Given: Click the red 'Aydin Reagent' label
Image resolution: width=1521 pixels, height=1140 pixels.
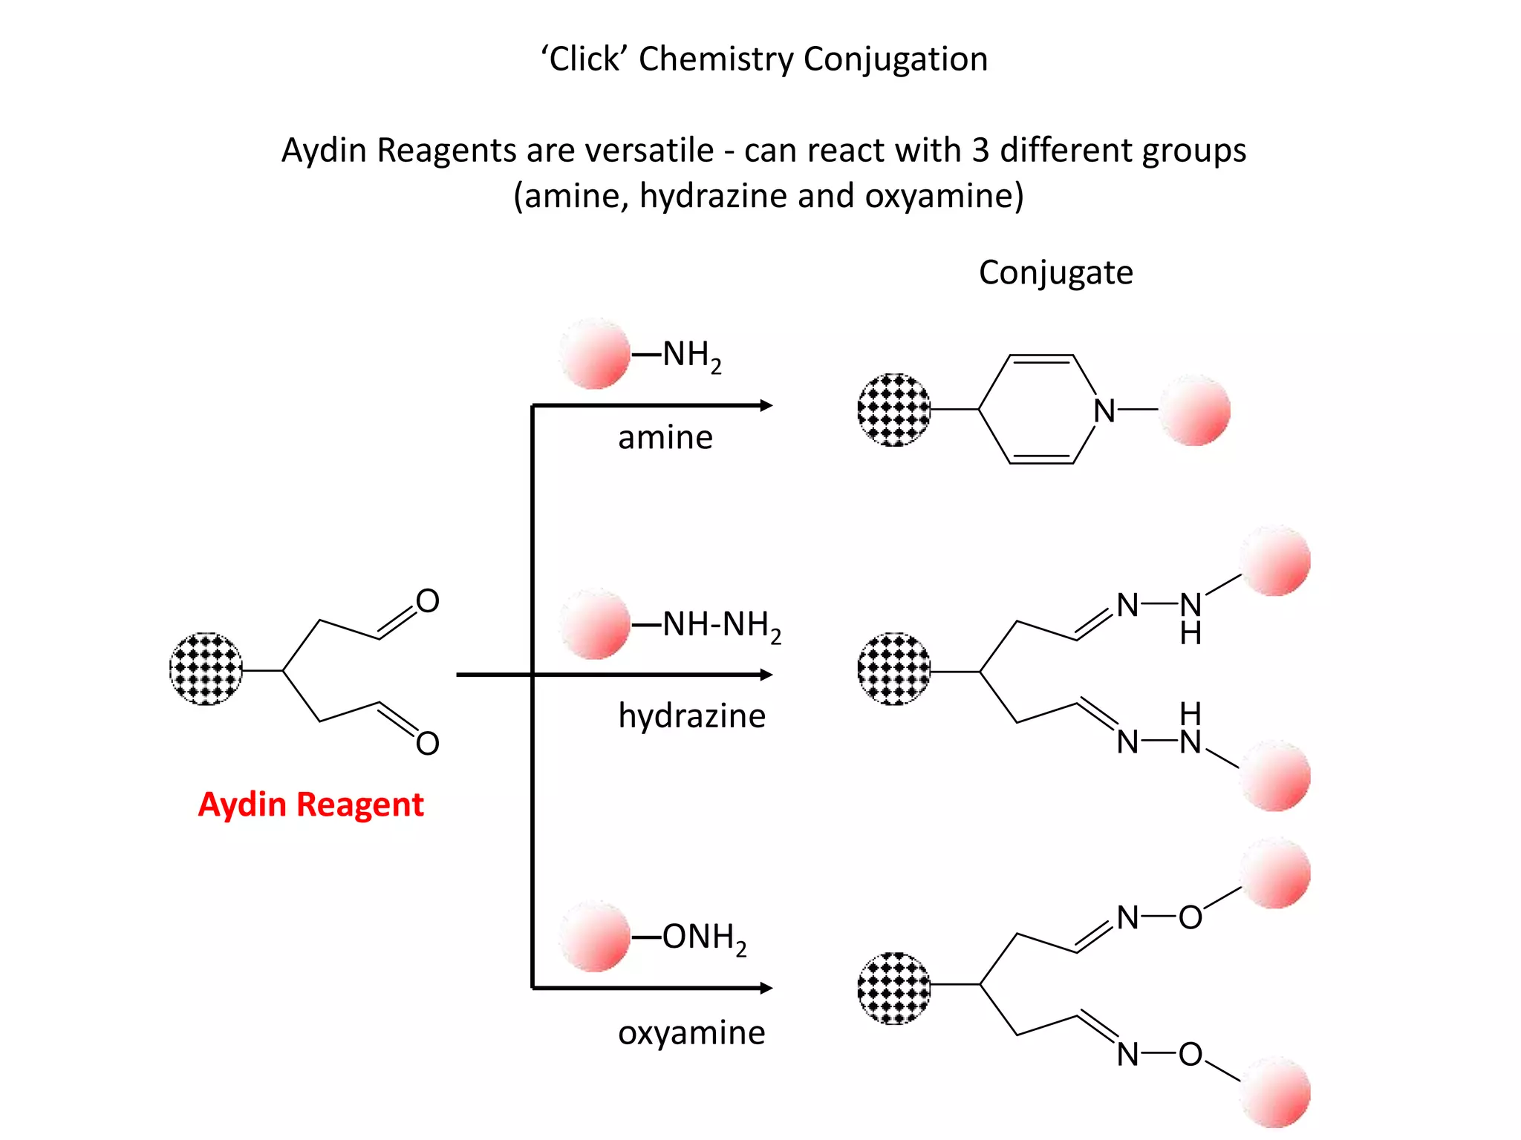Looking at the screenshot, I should coord(310,805).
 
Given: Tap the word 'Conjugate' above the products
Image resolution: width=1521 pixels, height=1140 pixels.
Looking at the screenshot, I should coord(1055,272).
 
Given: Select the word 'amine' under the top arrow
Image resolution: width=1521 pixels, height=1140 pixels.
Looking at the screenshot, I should coord(665,437).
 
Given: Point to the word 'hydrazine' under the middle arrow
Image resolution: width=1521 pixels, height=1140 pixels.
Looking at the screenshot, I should coord(691,716).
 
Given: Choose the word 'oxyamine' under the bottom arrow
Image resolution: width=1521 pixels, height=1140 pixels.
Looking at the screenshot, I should coord(691,1032).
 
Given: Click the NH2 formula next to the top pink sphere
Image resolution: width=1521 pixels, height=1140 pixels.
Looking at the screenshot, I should coord(691,356).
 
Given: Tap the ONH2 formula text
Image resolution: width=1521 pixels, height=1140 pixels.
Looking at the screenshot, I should coord(704,938).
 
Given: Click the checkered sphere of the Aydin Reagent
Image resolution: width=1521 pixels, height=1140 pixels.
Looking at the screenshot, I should coord(206,669).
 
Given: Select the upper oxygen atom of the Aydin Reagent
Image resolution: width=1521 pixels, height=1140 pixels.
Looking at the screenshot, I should coord(427,600).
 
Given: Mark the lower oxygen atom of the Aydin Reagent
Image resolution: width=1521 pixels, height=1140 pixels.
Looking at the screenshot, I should coord(427,743).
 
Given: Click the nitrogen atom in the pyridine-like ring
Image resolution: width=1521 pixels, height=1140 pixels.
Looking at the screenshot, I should coord(1104,410).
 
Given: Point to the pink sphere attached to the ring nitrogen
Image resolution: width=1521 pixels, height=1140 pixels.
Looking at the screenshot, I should coord(1195,410).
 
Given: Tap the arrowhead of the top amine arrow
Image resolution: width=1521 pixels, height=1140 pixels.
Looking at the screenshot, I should coord(766,405).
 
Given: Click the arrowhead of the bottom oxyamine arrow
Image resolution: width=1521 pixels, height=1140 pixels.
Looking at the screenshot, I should coord(766,988).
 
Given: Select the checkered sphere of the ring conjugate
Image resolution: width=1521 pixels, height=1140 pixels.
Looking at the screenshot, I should coord(894,410).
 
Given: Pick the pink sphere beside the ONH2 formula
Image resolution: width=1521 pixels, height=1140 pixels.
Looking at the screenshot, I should coord(595,937).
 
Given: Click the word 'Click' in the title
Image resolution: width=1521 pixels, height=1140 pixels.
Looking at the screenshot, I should coord(584,59).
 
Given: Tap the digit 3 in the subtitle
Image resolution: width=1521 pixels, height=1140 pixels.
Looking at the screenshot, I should coord(980,151).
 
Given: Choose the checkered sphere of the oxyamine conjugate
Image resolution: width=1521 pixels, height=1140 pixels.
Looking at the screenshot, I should coord(894,988).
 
